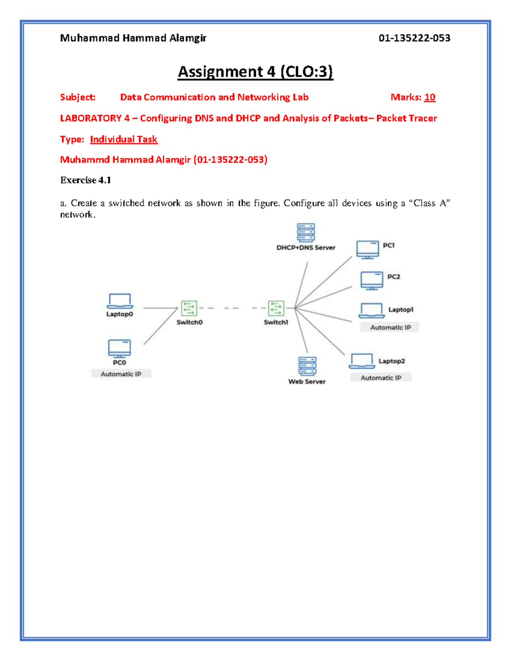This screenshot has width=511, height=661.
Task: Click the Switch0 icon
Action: click(189, 308)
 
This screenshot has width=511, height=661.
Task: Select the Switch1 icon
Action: click(276, 308)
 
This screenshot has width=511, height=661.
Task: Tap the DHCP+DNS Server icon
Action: click(306, 232)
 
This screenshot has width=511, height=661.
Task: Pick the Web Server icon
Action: click(307, 366)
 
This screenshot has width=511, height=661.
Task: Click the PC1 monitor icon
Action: click(367, 249)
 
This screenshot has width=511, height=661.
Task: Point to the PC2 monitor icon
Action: click(372, 280)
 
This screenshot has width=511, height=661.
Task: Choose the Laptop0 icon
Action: click(120, 301)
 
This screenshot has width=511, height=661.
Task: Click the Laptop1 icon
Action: click(371, 310)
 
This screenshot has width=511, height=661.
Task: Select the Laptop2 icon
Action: click(362, 361)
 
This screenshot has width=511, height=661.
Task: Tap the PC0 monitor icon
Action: click(119, 349)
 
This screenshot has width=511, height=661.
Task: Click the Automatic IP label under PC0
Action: click(121, 374)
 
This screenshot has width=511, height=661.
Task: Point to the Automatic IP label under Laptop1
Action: click(390, 327)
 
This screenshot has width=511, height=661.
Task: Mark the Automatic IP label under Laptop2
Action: click(381, 378)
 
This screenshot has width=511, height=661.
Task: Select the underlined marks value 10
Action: click(430, 97)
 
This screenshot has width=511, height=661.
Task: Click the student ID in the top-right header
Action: click(414, 38)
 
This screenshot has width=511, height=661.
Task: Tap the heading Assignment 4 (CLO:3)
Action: click(255, 72)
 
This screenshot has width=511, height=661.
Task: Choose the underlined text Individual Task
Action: click(123, 139)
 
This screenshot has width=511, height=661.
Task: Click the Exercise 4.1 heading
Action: click(86, 180)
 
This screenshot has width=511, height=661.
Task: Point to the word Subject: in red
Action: click(78, 97)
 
